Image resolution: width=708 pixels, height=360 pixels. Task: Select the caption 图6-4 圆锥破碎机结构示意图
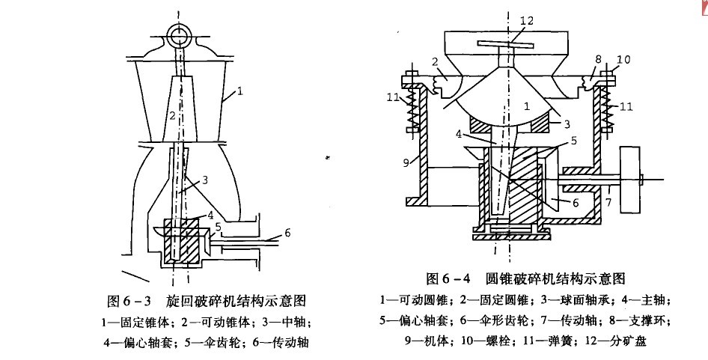[x=525, y=278]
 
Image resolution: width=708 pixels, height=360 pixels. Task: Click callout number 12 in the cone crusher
[x=526, y=21]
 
